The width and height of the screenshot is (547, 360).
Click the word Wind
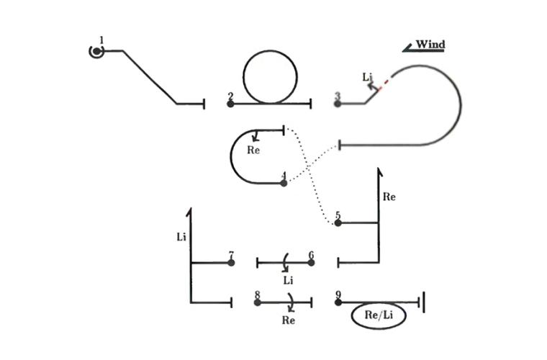(x=430, y=45)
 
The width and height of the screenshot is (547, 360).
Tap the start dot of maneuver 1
(x=96, y=52)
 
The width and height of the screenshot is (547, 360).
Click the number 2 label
(x=230, y=96)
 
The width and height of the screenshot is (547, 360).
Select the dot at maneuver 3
(x=338, y=104)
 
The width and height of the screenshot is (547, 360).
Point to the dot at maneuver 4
(x=284, y=183)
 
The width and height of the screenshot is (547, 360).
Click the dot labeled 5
(x=338, y=223)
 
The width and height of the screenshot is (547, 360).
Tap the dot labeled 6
(x=311, y=262)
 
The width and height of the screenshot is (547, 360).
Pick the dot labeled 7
(x=231, y=262)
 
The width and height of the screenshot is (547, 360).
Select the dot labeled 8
(x=258, y=302)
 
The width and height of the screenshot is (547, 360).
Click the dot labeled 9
(x=338, y=302)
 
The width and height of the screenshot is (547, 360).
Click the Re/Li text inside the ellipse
(x=379, y=315)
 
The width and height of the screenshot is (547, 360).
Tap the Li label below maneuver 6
(x=288, y=280)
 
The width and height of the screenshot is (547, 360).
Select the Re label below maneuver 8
(x=288, y=320)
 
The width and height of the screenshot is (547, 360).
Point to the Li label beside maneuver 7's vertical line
(x=181, y=237)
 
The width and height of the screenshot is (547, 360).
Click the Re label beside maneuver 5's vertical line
(x=389, y=197)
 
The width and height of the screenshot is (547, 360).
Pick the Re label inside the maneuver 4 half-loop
(x=253, y=150)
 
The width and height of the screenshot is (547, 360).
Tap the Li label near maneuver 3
(x=367, y=77)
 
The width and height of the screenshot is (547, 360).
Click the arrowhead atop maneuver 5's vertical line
(x=379, y=171)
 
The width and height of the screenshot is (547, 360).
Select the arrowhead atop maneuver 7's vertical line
(x=190, y=212)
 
